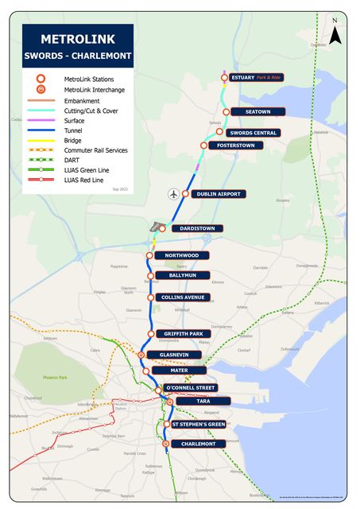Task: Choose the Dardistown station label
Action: pos(196,228)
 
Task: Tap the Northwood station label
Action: pos(182,255)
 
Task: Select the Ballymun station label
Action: pos(182,276)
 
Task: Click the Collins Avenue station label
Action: pos(184,297)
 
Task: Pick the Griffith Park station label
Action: pos(184,334)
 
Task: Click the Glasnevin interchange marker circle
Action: pos(141,355)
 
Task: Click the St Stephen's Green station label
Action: pos(199,425)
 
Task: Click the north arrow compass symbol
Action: pos(335,33)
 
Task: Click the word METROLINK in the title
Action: pos(77,39)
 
